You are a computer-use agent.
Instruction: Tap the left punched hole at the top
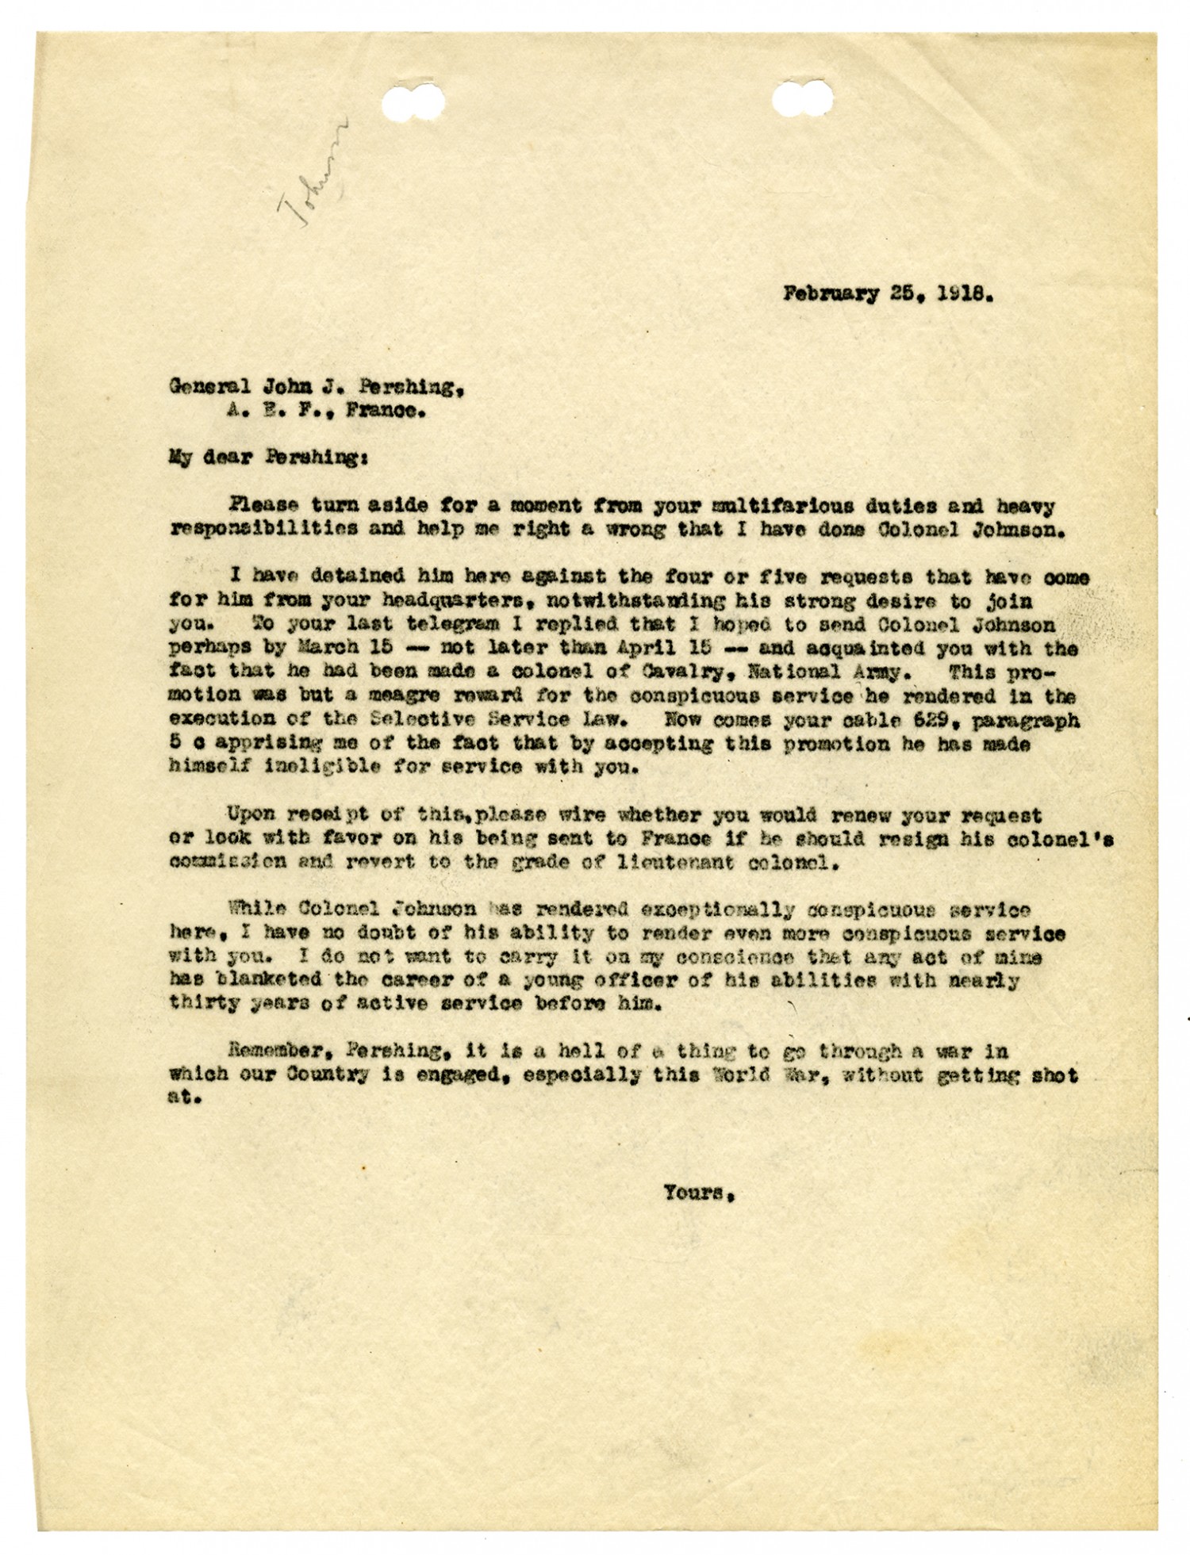pos(414,105)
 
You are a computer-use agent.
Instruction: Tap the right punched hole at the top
pos(804,104)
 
